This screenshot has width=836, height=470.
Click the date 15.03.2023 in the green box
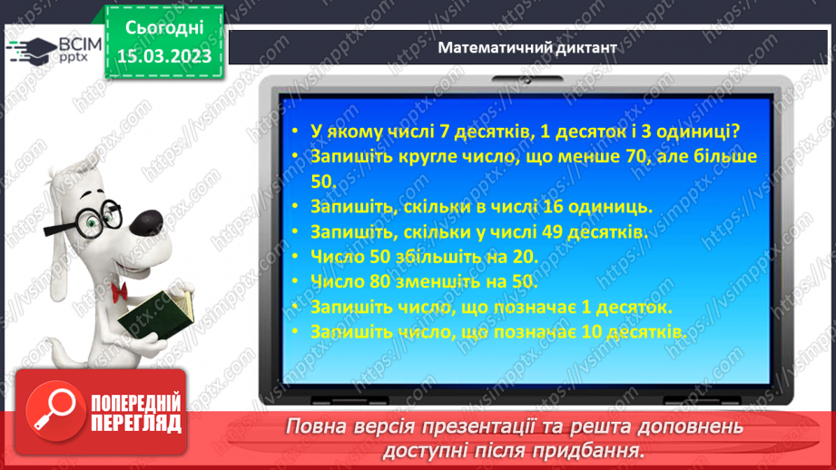pyautogui.click(x=164, y=56)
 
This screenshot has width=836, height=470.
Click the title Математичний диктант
pyautogui.click(x=527, y=48)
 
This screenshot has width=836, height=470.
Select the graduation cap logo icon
pyautogui.click(x=30, y=49)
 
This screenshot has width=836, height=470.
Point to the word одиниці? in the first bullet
pyautogui.click(x=699, y=131)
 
